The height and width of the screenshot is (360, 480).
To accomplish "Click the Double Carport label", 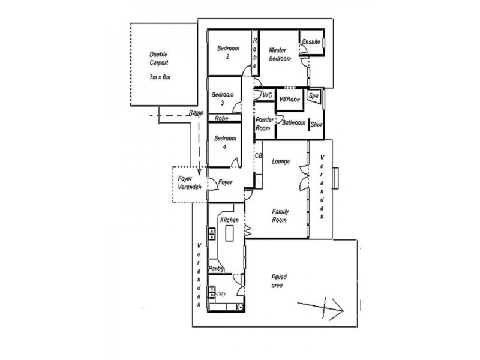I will coord(158,58).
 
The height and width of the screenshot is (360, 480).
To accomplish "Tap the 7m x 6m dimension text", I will coord(158,77).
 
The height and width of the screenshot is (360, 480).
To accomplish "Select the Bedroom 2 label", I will coord(228,52).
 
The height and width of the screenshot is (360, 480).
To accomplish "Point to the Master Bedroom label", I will coord(280,54).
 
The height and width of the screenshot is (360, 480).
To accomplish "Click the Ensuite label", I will coord(311,42).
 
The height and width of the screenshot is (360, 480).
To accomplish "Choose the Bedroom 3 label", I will coord(223,98).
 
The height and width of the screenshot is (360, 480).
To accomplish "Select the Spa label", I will coord(313,96).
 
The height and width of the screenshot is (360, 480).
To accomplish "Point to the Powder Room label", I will coord(265,124).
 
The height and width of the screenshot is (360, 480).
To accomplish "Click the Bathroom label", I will coord(294,122).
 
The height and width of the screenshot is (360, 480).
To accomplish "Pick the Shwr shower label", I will coord(317,125).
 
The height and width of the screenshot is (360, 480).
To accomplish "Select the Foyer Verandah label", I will coord(189,183).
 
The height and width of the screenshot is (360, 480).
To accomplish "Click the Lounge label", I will coord(281,161).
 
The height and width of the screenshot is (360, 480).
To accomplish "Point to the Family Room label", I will coord(280,216).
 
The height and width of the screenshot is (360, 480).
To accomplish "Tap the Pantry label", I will coord(216,268).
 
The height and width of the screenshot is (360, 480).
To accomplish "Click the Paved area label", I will coord(278,281).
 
